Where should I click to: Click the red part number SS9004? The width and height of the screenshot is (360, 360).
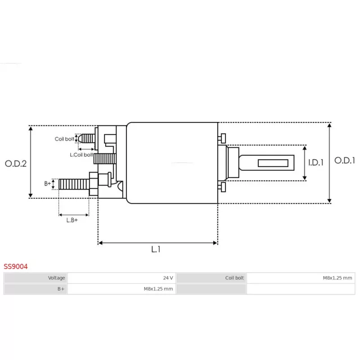[x=16, y=266]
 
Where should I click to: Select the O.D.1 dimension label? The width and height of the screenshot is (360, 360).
[x=345, y=160]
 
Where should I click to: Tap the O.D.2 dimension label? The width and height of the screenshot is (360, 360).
[x=16, y=163]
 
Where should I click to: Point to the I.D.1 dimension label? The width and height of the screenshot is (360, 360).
[x=316, y=162]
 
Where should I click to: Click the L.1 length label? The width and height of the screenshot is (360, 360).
[x=156, y=249]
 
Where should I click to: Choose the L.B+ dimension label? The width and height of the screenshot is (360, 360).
[x=72, y=220]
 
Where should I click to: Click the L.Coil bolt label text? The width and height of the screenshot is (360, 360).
[x=81, y=155]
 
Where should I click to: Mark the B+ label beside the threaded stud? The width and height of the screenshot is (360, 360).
[x=48, y=184]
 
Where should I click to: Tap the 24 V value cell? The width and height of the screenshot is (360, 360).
[x=168, y=278]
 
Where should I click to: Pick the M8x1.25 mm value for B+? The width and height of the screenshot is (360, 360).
[x=158, y=289]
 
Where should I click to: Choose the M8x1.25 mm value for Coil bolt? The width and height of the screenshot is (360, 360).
[x=337, y=278]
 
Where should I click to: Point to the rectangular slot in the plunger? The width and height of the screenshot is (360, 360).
[x=273, y=163]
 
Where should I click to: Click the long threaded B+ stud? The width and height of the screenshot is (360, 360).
[x=74, y=184]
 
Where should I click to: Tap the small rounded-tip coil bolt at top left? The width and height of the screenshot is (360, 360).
[x=86, y=139]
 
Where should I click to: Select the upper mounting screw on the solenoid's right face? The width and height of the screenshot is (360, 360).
[x=222, y=138]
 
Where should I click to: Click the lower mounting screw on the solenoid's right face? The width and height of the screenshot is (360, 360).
[x=222, y=187]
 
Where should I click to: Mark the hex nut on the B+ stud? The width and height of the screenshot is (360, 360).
[x=94, y=184]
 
